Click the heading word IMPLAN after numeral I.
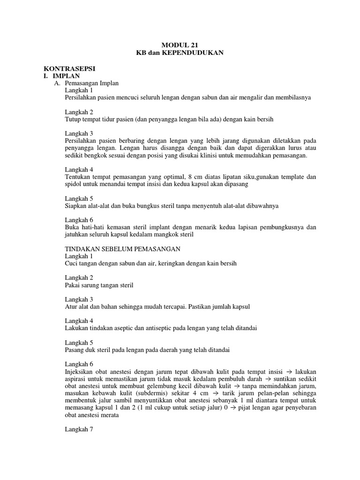pyautogui.click(x=66, y=75)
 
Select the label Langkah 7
pyautogui.click(x=79, y=428)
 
